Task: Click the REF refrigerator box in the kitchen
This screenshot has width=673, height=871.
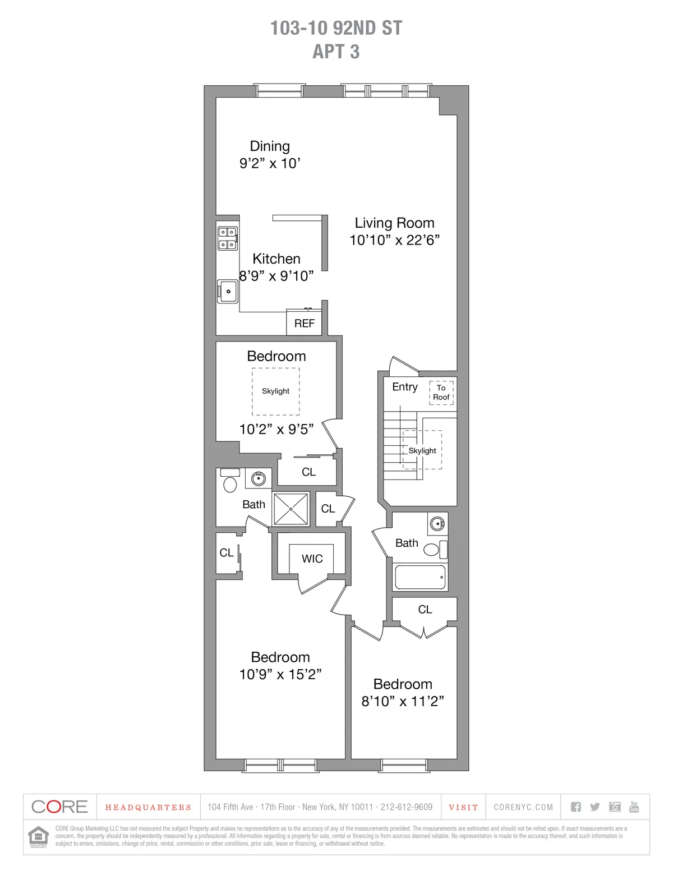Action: [x=304, y=323]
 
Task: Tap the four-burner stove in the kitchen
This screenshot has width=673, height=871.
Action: [x=227, y=238]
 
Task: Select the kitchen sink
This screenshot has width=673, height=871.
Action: [x=228, y=292]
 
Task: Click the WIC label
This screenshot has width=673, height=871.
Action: [x=312, y=559]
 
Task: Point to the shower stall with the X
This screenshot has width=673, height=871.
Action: [x=291, y=509]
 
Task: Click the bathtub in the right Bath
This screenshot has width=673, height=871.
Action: [x=420, y=577]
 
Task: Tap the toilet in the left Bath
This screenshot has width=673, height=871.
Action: [x=230, y=483]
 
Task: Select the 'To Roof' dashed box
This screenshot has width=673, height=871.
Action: [x=441, y=393]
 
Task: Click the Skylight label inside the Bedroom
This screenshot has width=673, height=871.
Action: [x=275, y=391]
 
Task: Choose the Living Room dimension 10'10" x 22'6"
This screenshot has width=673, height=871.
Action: [x=394, y=240]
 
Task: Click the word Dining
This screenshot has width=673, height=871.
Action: [x=270, y=146]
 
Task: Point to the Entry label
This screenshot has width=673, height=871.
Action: [x=405, y=387]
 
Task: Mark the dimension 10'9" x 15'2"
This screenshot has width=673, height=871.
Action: [x=280, y=674]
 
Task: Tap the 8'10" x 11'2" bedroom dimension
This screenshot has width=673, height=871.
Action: [x=403, y=701]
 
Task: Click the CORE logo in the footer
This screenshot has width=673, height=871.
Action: [x=60, y=807]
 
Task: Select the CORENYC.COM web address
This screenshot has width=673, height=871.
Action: [x=523, y=807]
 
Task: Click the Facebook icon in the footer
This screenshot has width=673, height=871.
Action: [x=576, y=807]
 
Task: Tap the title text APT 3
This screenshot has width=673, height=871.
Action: [x=336, y=52]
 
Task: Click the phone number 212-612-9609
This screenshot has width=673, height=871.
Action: [x=407, y=807]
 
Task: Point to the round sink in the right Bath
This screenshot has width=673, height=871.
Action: [x=437, y=524]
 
